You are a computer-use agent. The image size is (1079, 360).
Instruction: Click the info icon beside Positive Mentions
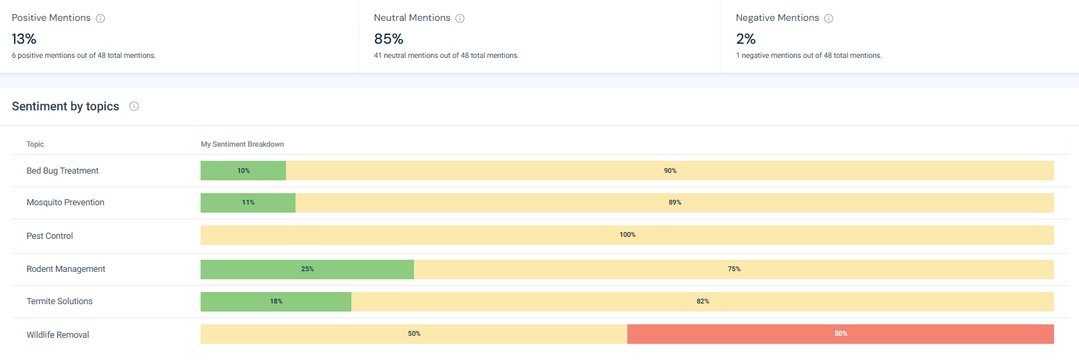(100, 18)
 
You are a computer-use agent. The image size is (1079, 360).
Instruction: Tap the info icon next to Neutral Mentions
(460, 18)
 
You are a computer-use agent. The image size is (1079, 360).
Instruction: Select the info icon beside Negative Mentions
(829, 18)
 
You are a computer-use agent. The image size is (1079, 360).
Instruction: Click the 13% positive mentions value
(24, 39)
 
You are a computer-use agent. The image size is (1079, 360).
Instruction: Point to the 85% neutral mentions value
(388, 39)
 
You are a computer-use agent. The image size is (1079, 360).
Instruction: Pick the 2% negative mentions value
(746, 39)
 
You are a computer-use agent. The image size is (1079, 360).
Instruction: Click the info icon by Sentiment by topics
(134, 106)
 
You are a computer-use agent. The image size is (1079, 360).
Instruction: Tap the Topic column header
(35, 144)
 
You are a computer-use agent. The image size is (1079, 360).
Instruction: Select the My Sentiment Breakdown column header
(242, 144)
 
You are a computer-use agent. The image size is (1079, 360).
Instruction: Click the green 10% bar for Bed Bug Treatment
(243, 171)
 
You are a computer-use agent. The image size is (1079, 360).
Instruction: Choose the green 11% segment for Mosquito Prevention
(248, 203)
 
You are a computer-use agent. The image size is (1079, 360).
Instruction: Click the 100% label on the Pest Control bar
(627, 235)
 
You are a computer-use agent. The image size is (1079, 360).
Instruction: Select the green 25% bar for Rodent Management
(307, 269)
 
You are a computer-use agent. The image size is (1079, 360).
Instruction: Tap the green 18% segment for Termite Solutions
(276, 301)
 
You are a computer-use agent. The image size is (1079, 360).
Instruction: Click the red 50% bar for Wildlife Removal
(840, 334)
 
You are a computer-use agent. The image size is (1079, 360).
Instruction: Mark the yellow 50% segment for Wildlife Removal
(414, 334)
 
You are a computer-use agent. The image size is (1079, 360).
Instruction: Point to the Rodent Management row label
(66, 269)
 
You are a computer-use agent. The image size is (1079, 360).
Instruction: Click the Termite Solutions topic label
(59, 301)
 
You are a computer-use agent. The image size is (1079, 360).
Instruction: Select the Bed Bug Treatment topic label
(63, 171)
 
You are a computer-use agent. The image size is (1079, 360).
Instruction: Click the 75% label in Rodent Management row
(734, 269)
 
